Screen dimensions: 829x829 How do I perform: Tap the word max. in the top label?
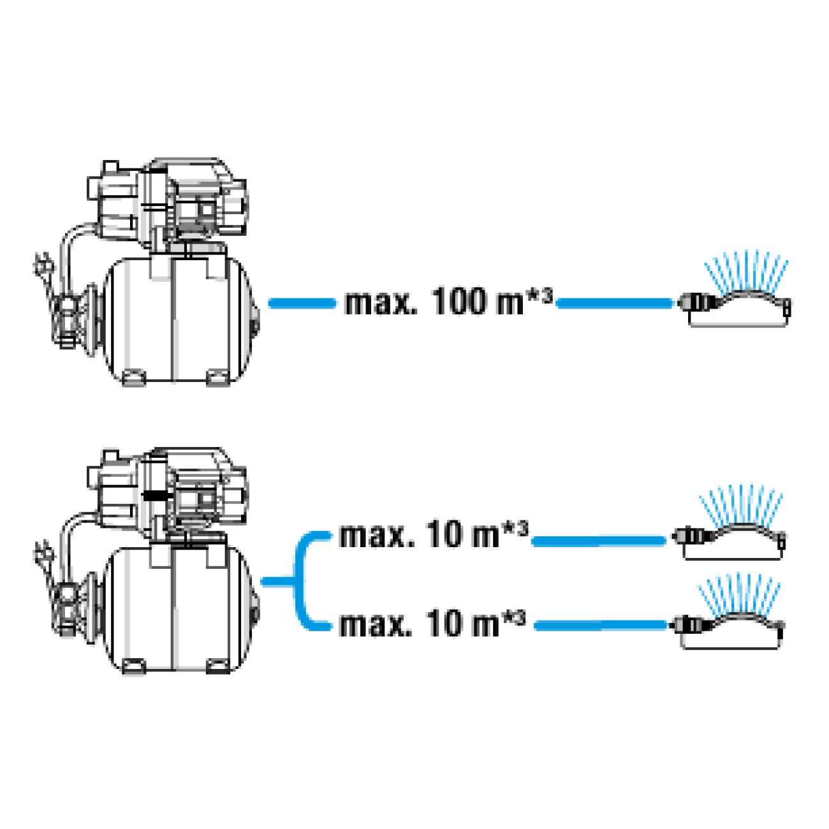(381, 304)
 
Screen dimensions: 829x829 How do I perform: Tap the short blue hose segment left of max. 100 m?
(302, 304)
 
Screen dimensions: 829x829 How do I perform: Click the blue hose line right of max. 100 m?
(614, 304)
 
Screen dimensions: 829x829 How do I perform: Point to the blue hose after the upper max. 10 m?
(599, 541)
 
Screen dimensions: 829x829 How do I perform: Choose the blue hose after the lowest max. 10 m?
(601, 626)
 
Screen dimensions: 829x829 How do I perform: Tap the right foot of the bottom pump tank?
(217, 666)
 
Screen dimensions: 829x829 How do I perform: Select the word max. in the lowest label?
(376, 625)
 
